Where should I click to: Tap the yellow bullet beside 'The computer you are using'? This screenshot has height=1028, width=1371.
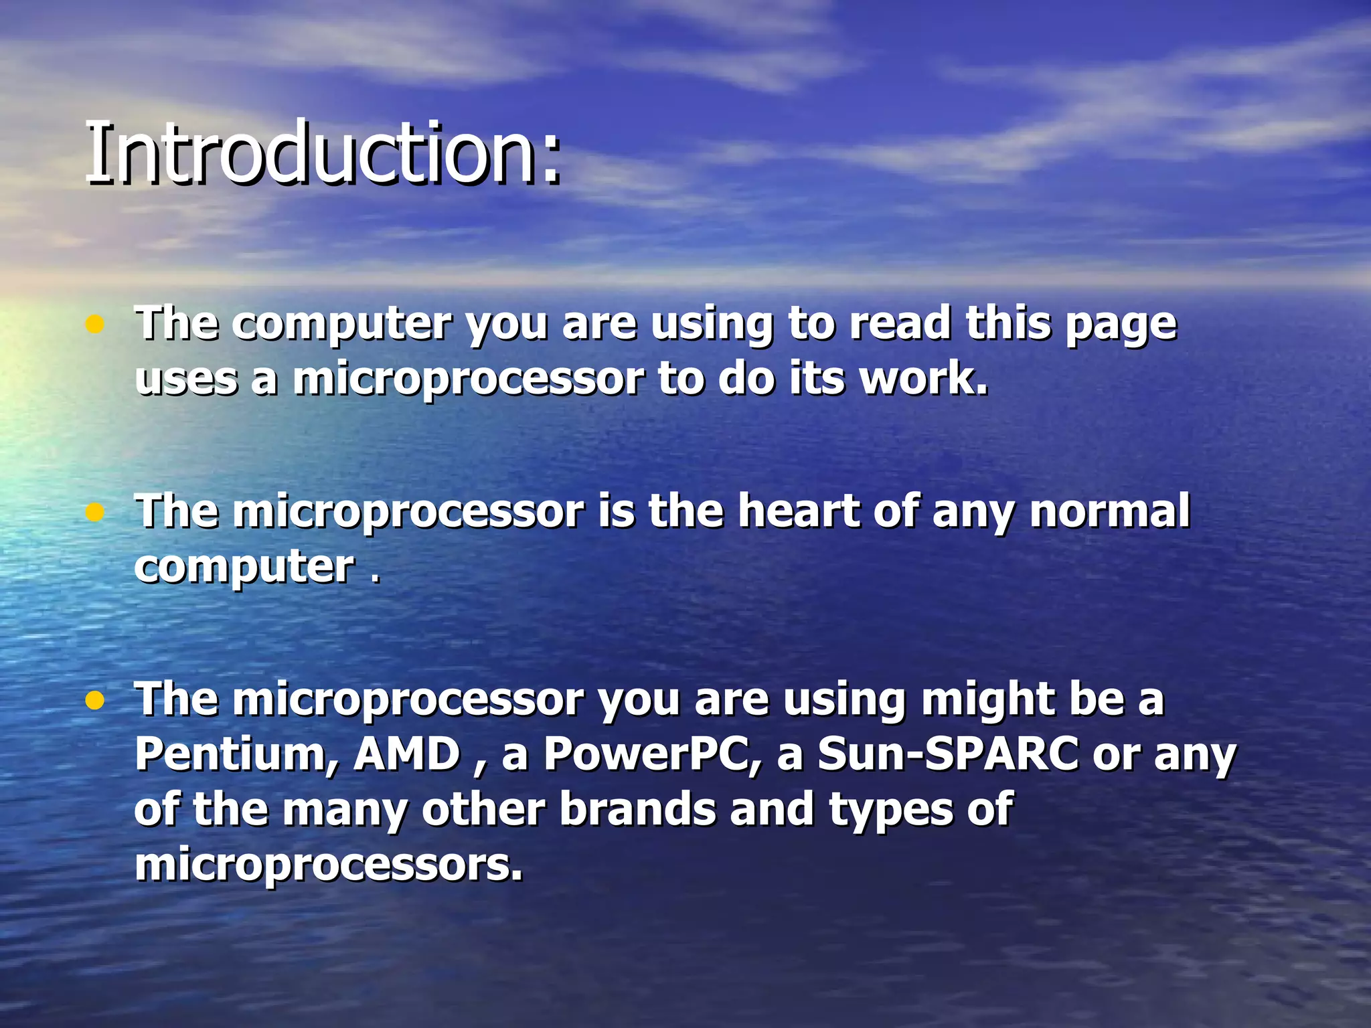click(x=95, y=325)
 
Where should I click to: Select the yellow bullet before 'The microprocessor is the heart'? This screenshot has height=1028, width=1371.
click(x=95, y=513)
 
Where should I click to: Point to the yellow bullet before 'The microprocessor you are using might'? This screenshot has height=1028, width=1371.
click(x=95, y=701)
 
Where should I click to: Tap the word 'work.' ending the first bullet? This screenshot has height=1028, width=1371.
click(x=924, y=378)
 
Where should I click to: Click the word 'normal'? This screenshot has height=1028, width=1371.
click(x=1109, y=511)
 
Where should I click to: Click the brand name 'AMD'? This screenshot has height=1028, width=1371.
click(x=407, y=754)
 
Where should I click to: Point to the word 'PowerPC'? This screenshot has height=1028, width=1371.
click(x=652, y=754)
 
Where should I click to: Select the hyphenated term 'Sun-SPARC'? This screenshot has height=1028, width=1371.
click(x=947, y=754)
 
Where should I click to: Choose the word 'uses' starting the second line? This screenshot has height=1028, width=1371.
click(x=186, y=379)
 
